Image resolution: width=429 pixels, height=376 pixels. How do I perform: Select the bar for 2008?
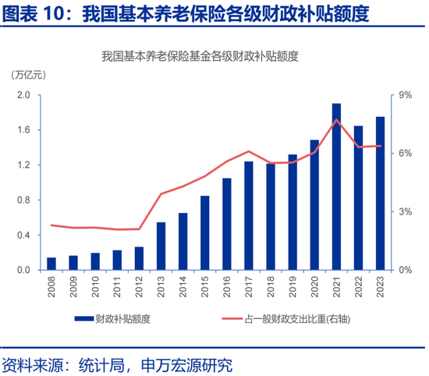point(51,264)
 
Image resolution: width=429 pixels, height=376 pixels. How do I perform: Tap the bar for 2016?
point(227,224)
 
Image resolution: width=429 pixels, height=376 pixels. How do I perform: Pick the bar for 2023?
point(380,193)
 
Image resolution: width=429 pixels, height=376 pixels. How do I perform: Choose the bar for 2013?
point(161,246)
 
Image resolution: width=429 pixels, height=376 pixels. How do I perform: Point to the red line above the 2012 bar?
point(139,229)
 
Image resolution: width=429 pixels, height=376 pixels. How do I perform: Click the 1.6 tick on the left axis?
point(23,130)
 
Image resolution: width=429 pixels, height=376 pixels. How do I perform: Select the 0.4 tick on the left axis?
point(23,236)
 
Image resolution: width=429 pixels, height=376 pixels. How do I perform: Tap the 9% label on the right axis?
point(405,95)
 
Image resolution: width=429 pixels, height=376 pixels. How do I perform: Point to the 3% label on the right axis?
point(405,212)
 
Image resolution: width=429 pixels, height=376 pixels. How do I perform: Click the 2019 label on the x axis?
point(292,289)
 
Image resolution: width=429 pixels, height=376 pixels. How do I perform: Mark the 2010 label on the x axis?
point(95,289)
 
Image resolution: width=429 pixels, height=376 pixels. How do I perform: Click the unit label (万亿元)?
point(30,75)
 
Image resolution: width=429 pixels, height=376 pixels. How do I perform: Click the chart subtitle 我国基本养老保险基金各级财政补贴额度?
point(200,56)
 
